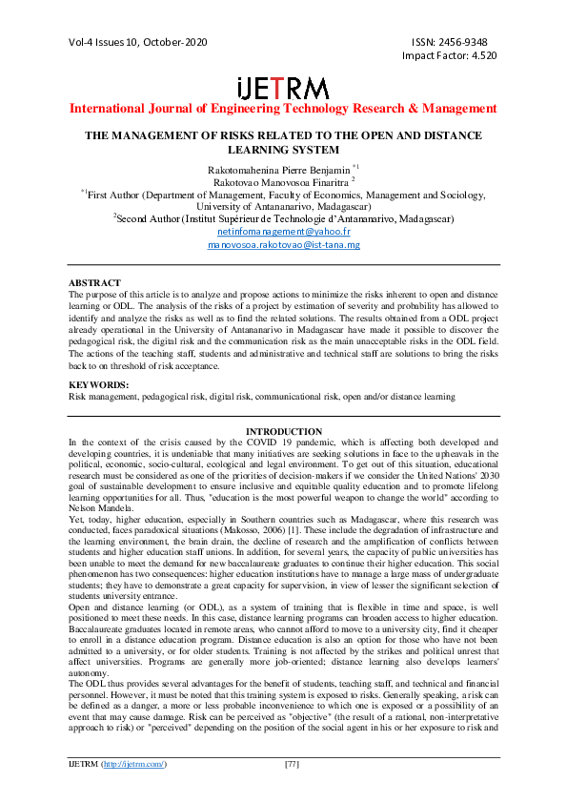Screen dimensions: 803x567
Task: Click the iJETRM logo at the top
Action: click(283, 87)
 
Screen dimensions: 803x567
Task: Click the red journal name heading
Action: click(283, 108)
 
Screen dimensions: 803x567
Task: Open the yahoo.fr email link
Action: click(283, 232)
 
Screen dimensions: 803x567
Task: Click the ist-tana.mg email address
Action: click(283, 245)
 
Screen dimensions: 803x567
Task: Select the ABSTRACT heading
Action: click(95, 283)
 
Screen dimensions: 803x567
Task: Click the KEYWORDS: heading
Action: click(99, 384)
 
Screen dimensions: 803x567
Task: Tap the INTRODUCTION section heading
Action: click(283, 432)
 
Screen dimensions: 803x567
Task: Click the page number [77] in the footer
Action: click(293, 791)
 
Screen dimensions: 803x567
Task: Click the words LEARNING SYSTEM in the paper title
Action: click(283, 151)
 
